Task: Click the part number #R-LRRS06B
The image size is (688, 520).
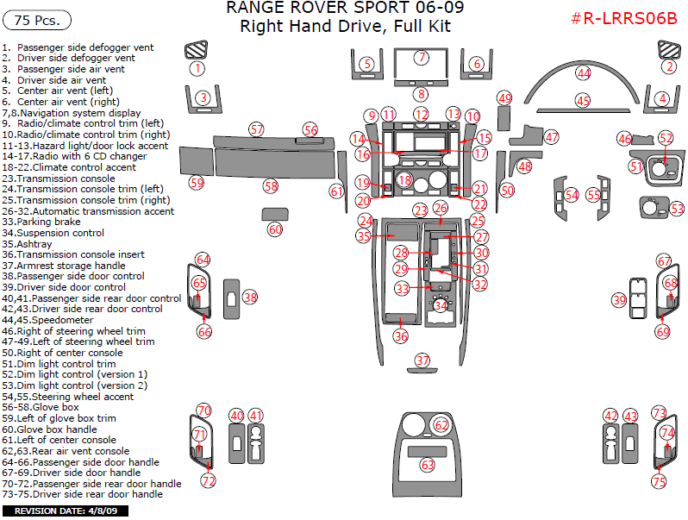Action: coord(624,19)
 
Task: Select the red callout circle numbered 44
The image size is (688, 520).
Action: coord(584,74)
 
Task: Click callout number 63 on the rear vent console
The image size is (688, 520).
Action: coord(427,465)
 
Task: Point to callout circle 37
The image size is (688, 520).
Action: coord(422,360)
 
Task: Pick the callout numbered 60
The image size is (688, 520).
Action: coord(275,229)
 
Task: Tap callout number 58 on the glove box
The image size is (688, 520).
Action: coord(271,185)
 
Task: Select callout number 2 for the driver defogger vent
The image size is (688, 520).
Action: coord(669,66)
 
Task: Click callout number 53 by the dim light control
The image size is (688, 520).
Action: coord(677,209)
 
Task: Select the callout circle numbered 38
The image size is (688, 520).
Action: coord(250,298)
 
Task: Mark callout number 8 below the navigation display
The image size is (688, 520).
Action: coord(421,93)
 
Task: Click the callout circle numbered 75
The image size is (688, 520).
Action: coord(660,482)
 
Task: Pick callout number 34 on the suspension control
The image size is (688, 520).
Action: coord(441,305)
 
